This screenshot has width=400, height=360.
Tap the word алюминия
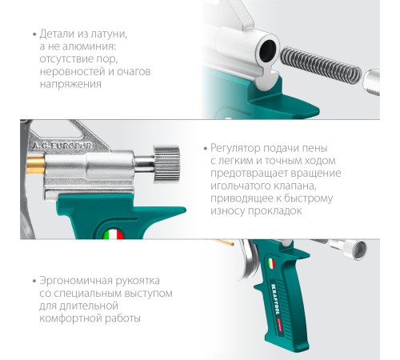pyautogui.click(x=90, y=46)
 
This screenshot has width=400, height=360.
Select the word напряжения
pyautogui.click(x=70, y=84)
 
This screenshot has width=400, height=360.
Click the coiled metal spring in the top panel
pyautogui.click(x=321, y=64)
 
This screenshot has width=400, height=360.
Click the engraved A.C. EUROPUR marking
pyautogui.click(x=62, y=146)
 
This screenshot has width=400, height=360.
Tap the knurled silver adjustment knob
pyautogui.click(x=166, y=164)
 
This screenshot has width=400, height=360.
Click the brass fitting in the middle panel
pyautogui.click(x=35, y=166)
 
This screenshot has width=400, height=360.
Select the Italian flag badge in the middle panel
pyautogui.click(x=114, y=234)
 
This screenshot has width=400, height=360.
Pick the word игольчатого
pyautogui.click(x=237, y=186)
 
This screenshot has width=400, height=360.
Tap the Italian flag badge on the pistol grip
pyautogui.click(x=271, y=264)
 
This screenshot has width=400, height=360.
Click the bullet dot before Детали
pyautogui.click(x=34, y=34)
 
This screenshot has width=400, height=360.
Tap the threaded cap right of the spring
pyautogui.click(x=371, y=82)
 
